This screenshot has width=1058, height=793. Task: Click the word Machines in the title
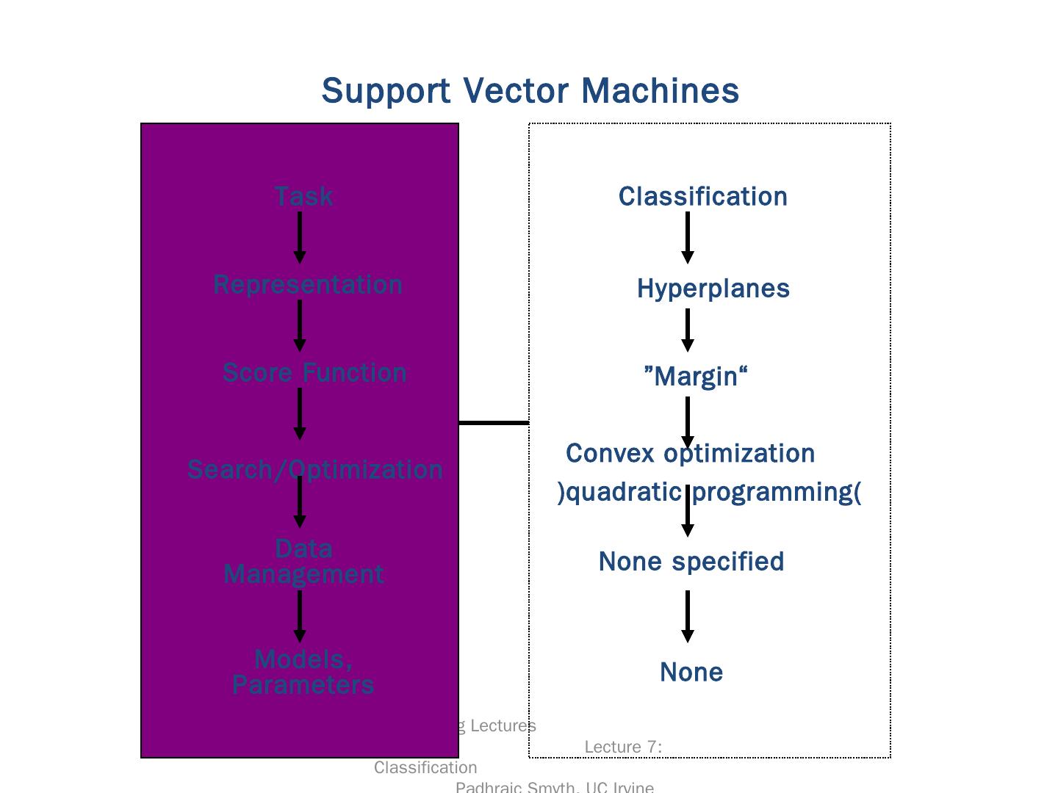pyautogui.click(x=660, y=91)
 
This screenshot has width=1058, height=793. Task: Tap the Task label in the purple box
pyautogui.click(x=303, y=197)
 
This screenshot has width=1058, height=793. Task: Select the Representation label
pyautogui.click(x=308, y=285)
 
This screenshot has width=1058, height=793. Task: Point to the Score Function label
pyautogui.click(x=314, y=373)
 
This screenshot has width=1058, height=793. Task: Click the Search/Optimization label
pyautogui.click(x=314, y=470)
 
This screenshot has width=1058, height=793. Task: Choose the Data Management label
pyautogui.click(x=303, y=562)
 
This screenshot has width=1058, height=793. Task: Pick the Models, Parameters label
pyautogui.click(x=303, y=672)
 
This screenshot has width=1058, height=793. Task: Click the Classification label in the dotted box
pyautogui.click(x=702, y=197)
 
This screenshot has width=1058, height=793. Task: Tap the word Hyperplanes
pyautogui.click(x=713, y=289)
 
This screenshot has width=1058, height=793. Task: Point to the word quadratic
pyautogui.click(x=625, y=492)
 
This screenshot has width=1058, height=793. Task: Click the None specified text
pyautogui.click(x=691, y=562)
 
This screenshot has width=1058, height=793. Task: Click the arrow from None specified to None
pyautogui.click(x=688, y=616)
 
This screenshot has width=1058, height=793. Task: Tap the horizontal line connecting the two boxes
pyautogui.click(x=494, y=423)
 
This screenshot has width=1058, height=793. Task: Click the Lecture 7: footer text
pyautogui.click(x=623, y=747)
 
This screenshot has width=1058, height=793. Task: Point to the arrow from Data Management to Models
pyautogui.click(x=300, y=616)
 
